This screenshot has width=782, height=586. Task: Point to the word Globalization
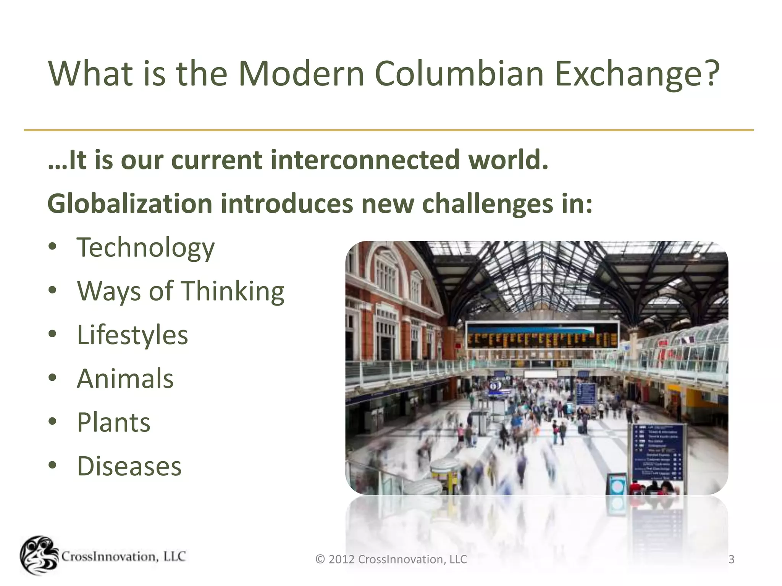[130, 203]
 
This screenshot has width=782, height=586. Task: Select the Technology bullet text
[146, 248]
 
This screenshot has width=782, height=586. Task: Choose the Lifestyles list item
[132, 335]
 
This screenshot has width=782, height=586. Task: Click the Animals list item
[125, 378]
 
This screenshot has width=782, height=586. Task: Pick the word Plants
[114, 422]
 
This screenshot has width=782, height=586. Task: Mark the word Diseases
[129, 466]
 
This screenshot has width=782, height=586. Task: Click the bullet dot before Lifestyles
[53, 334]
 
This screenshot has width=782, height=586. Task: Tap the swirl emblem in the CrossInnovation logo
[39, 555]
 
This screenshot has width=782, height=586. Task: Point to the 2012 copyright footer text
[391, 559]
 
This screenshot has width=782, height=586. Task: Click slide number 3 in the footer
[731, 559]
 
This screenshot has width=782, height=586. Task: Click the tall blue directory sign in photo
[658, 452]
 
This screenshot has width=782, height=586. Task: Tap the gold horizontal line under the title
[389, 130]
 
